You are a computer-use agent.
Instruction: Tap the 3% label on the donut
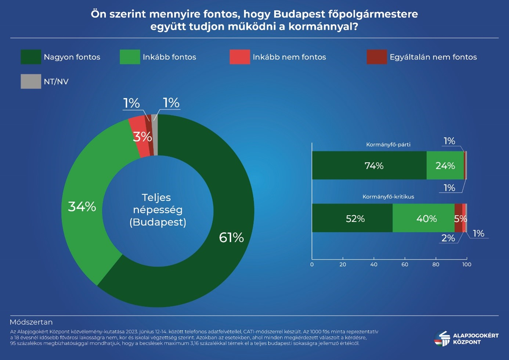[x=142, y=137]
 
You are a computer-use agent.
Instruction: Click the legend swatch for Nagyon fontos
[x=31, y=57]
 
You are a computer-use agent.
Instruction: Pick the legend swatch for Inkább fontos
[x=130, y=57]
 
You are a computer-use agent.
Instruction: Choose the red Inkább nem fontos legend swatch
[x=239, y=57]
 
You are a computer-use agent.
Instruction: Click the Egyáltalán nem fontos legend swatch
[x=376, y=57]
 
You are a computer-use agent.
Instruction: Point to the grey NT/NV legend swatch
[x=31, y=82]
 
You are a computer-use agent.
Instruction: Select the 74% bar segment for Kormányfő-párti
[x=369, y=165]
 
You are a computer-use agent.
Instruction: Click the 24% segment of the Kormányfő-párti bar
[x=445, y=165]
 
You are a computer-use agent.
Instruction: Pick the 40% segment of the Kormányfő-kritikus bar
[x=423, y=218]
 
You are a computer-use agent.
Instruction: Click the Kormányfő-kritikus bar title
[x=388, y=197]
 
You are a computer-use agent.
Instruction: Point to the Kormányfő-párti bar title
[x=388, y=144]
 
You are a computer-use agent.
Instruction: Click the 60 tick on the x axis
[x=405, y=264]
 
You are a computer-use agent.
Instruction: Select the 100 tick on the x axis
[x=467, y=264]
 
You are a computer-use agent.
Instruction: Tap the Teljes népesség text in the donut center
[x=158, y=204]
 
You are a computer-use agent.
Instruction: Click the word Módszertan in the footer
[x=31, y=322]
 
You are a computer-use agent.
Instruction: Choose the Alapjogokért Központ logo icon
[x=442, y=338]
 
